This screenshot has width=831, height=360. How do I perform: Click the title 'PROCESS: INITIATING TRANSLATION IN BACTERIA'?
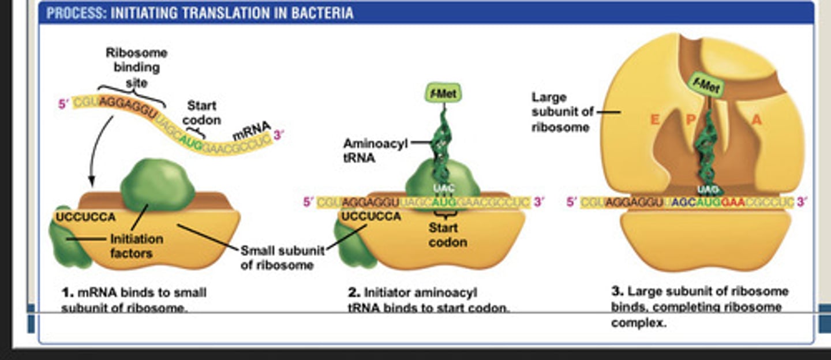tap(200, 13)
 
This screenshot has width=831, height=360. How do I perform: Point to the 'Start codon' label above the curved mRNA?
tap(202, 113)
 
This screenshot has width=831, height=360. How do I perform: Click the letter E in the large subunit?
tap(655, 120)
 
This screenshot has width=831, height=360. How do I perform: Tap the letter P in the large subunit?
tap(691, 120)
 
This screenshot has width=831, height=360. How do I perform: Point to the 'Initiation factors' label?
tap(136, 246)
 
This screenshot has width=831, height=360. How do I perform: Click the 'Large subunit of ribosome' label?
tap(562, 112)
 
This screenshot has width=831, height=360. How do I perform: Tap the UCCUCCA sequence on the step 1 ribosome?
tap(84, 217)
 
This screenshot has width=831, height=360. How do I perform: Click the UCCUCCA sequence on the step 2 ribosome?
tap(372, 216)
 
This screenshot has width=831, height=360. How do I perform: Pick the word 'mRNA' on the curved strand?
tap(251, 129)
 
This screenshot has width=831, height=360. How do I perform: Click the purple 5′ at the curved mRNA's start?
tap(64, 104)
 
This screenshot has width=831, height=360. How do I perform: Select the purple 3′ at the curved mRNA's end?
tap(279, 135)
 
